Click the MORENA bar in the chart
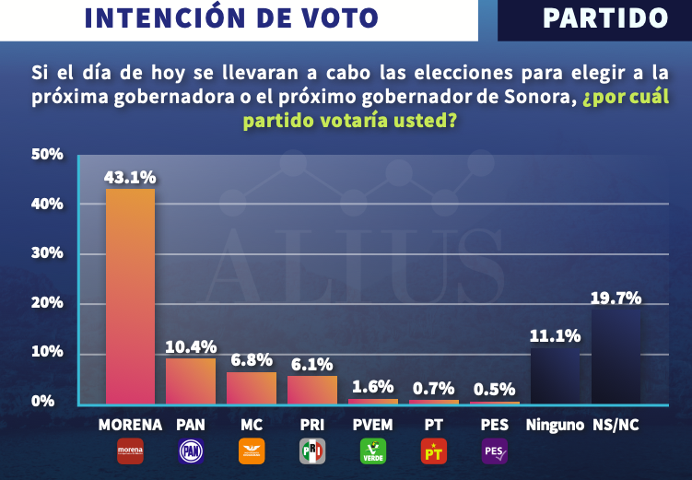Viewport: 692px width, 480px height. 130,295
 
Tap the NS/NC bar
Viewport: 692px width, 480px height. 616,355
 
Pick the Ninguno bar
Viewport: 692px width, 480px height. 555,376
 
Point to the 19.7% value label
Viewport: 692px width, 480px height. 616,297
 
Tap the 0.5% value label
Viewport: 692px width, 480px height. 495,387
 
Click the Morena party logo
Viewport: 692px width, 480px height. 130,451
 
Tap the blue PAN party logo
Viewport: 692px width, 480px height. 191,451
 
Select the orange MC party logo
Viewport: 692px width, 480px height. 252,451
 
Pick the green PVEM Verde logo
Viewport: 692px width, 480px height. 373,451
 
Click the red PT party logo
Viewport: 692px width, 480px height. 434,451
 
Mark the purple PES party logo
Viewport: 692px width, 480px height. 495,451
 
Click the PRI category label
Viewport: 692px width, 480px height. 312,425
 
